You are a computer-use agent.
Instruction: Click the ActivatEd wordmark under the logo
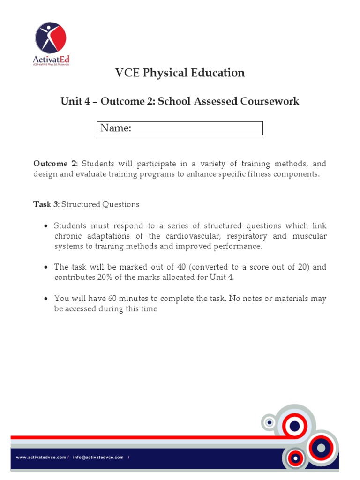pyautogui.click(x=51, y=59)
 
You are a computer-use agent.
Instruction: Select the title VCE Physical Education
pyautogui.click(x=180, y=73)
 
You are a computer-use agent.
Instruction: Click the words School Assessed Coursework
pyautogui.click(x=228, y=101)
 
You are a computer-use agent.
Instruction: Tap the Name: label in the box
pyautogui.click(x=116, y=128)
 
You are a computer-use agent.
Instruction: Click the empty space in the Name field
pyautogui.click(x=197, y=128)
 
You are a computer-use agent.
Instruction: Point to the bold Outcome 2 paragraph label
pyautogui.click(x=54, y=164)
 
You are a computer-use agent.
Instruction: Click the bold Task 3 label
pyautogui.click(x=45, y=204)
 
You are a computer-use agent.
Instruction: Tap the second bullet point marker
pyautogui.click(x=45, y=267)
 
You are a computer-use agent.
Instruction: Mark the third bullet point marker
pyautogui.click(x=45, y=299)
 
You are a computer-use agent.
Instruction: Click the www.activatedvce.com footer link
pyautogui.click(x=41, y=457)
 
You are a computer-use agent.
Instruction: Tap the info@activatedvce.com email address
pyautogui.click(x=98, y=457)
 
